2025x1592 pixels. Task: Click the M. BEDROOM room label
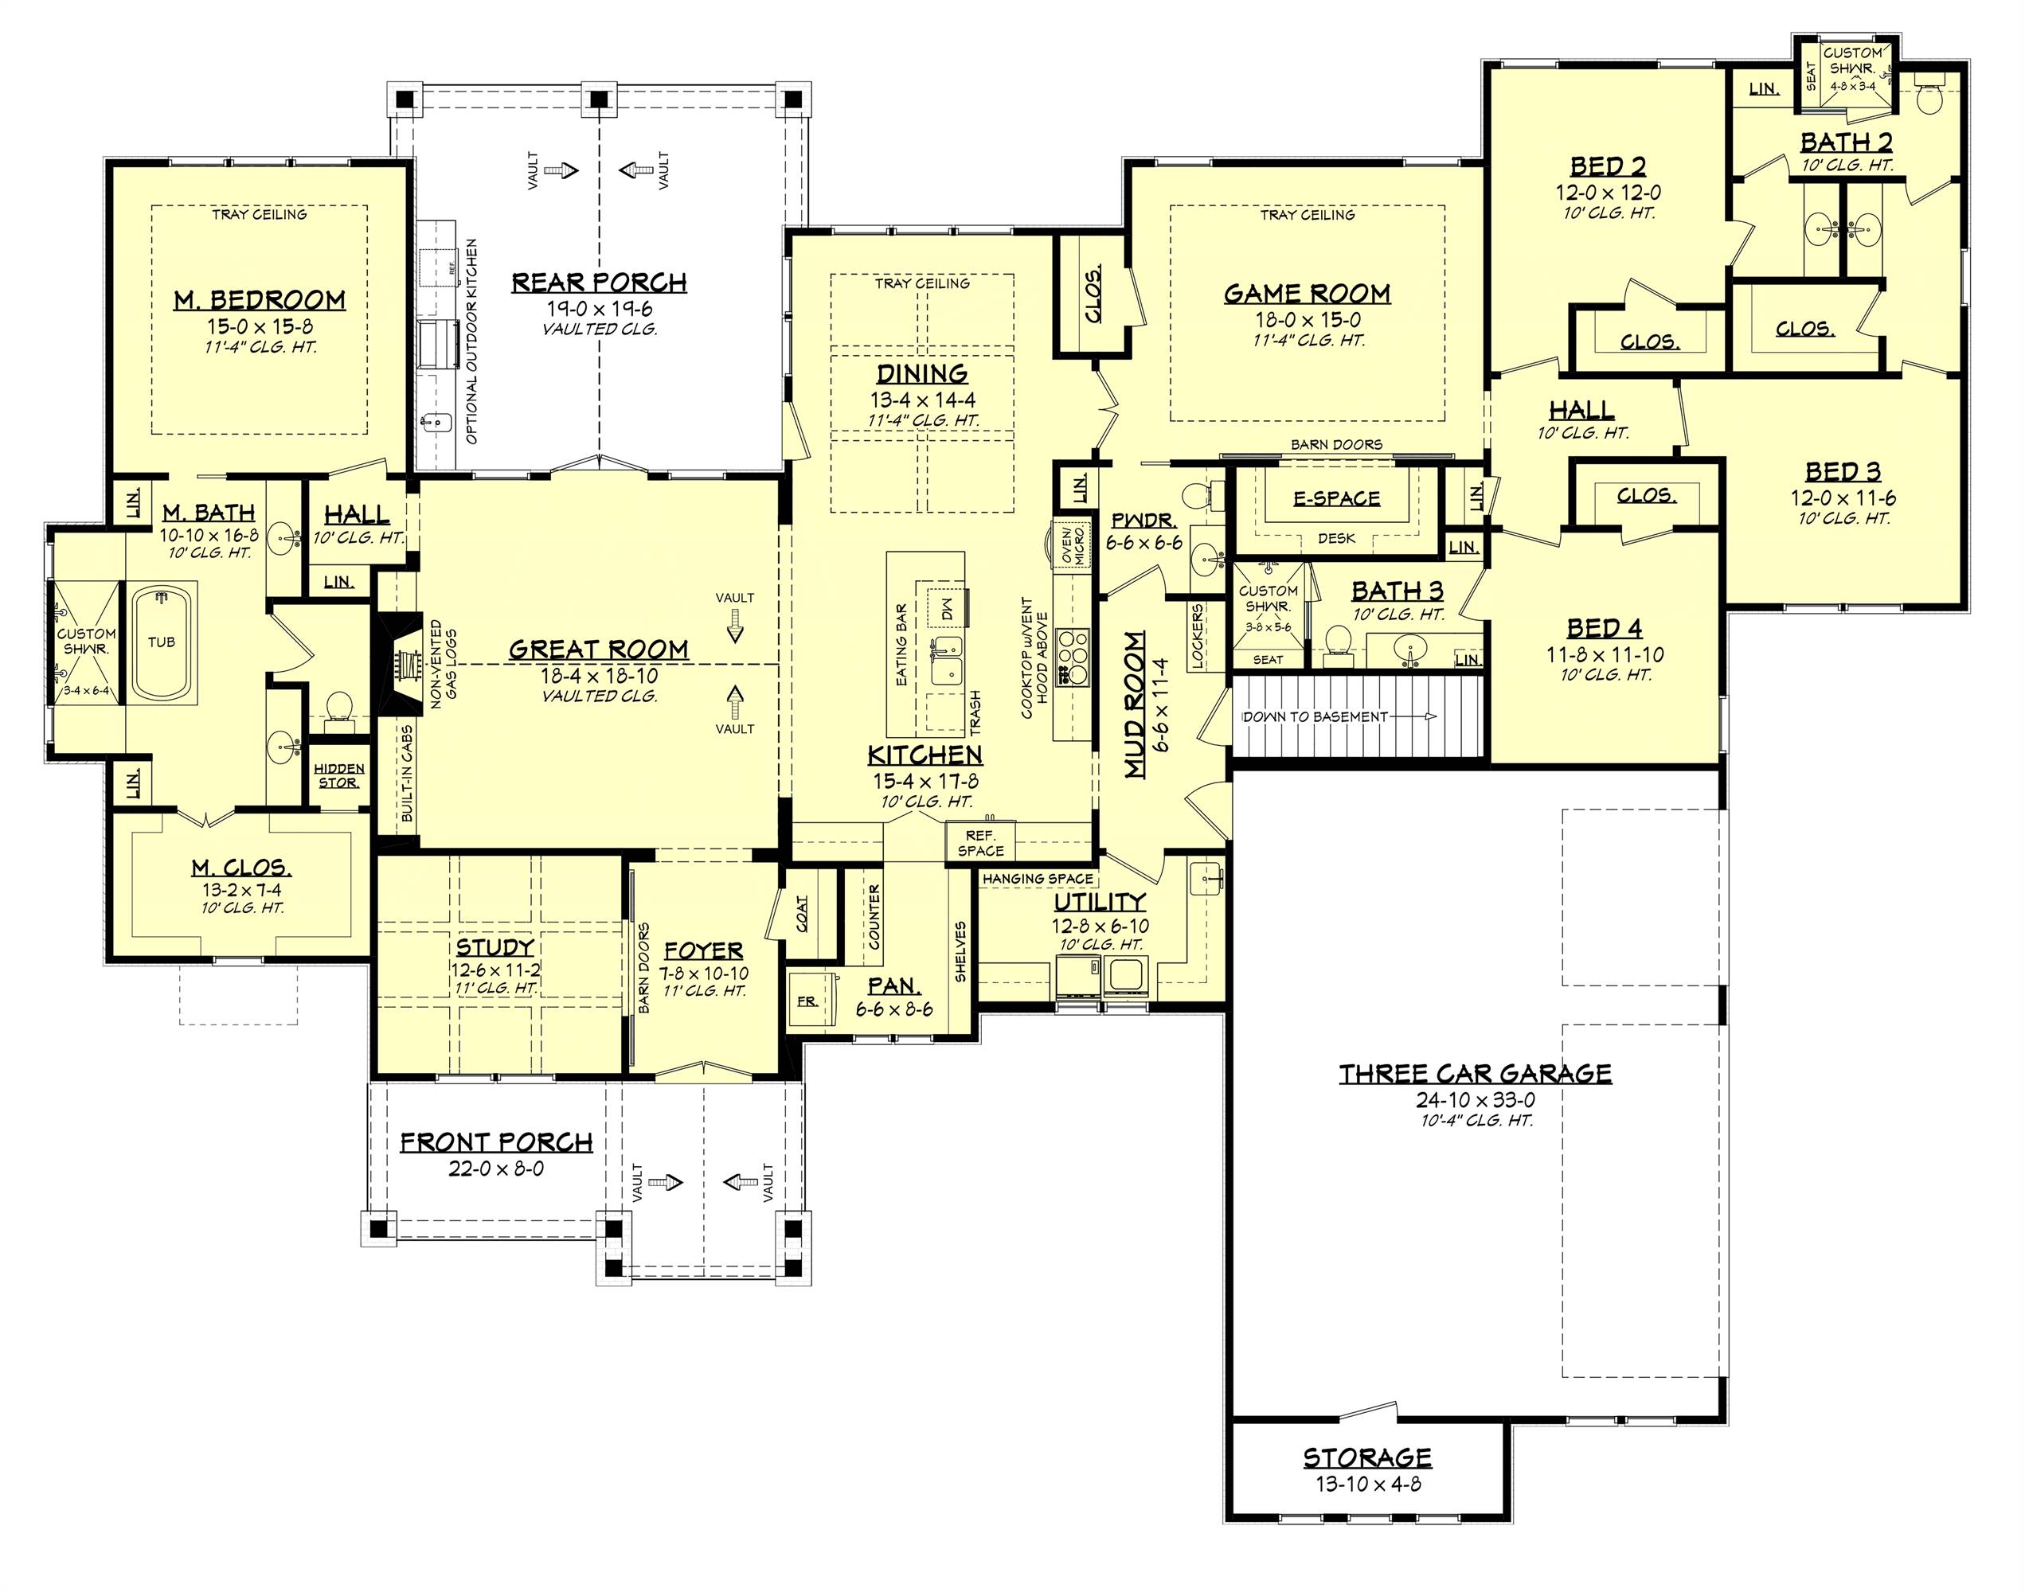tap(259, 300)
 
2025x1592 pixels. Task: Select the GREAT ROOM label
tap(599, 650)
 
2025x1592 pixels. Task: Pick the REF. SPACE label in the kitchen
tap(980, 844)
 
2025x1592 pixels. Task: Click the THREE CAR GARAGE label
tap(1475, 1074)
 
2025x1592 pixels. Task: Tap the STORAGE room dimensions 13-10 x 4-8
tap(1368, 1484)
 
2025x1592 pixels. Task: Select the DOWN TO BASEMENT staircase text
tap(1315, 716)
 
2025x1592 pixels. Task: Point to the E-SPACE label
tap(1336, 498)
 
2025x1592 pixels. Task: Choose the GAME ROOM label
tap(1307, 295)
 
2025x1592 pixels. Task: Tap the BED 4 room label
tap(1604, 628)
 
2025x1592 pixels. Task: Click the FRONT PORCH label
tap(496, 1143)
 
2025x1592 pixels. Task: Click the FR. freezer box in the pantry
tap(807, 1001)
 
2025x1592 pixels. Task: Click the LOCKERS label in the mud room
tap(1197, 637)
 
